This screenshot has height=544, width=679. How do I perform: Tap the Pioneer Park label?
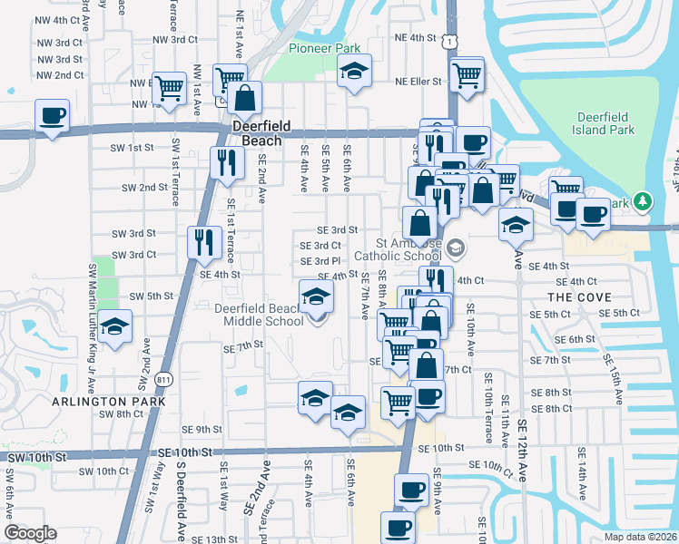coord(324,48)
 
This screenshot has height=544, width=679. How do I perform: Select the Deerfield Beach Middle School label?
coord(259,315)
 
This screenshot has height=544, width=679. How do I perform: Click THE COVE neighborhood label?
coord(579,297)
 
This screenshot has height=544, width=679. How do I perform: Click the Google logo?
coord(30,532)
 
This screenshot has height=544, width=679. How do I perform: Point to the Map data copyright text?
coord(640,536)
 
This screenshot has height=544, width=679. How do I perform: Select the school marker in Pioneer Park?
coord(354,71)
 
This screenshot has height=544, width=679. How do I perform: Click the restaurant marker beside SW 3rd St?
coord(204,241)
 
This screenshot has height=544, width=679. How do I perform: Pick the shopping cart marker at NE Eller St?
coord(467,75)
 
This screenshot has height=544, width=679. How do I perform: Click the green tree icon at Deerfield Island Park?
coord(642,199)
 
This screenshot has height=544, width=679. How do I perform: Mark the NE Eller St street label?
coord(418,81)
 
